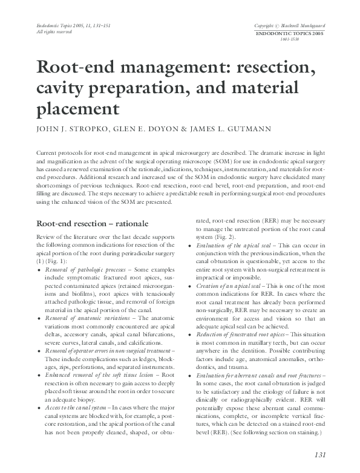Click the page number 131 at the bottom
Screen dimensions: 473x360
tap(321, 455)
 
